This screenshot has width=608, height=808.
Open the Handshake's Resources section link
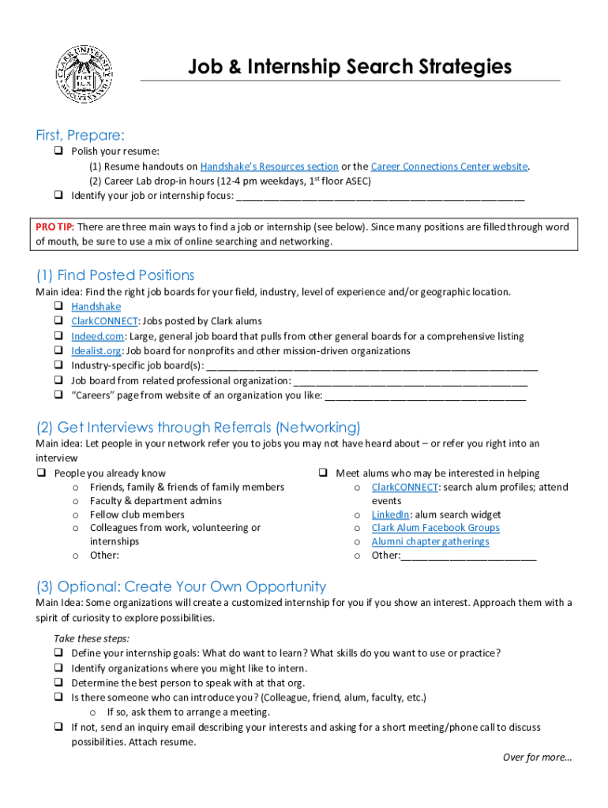(269, 166)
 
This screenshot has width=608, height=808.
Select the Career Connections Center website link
(449, 166)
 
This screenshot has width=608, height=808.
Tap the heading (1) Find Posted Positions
(115, 275)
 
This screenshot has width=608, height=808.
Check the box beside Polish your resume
(58, 151)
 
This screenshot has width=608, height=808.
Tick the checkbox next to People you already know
(41, 473)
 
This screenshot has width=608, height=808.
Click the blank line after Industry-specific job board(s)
(371, 366)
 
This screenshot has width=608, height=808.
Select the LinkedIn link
(390, 514)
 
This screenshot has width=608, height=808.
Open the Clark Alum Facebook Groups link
(435, 528)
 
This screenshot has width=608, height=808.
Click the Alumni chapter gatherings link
(430, 542)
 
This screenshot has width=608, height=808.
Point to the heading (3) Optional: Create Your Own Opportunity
(181, 586)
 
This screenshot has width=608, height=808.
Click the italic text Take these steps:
(92, 638)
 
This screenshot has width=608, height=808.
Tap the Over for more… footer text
(537, 757)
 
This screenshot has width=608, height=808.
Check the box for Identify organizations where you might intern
(58, 668)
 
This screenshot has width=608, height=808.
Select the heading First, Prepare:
(80, 135)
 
